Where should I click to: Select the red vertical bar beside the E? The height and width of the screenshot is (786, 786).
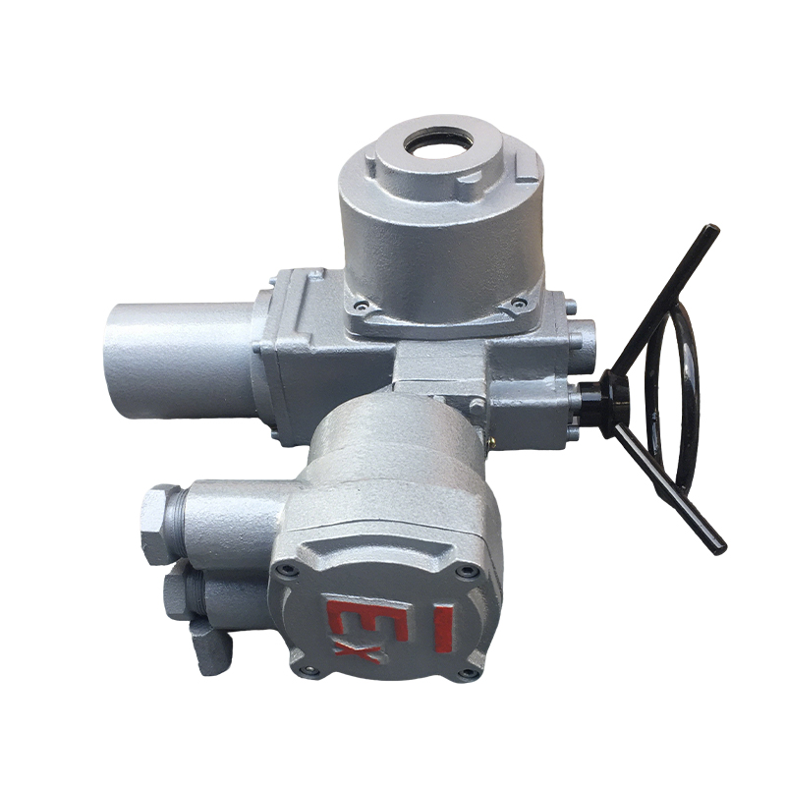click(x=444, y=629)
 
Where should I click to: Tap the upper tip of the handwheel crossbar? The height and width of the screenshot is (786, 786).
click(x=710, y=231)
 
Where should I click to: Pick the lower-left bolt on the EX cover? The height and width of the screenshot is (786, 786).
click(x=307, y=670)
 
